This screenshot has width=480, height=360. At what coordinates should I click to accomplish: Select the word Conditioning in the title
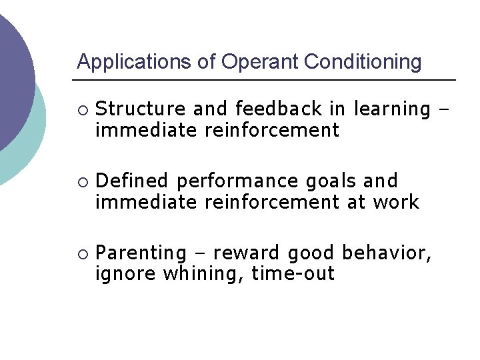tap(363, 63)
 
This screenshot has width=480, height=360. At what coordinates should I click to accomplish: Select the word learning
tap(392, 109)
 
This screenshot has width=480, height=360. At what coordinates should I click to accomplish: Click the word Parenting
tap(141, 254)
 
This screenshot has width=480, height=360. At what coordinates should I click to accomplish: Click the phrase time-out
tap(293, 274)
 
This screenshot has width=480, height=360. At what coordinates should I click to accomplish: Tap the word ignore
tap(123, 275)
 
